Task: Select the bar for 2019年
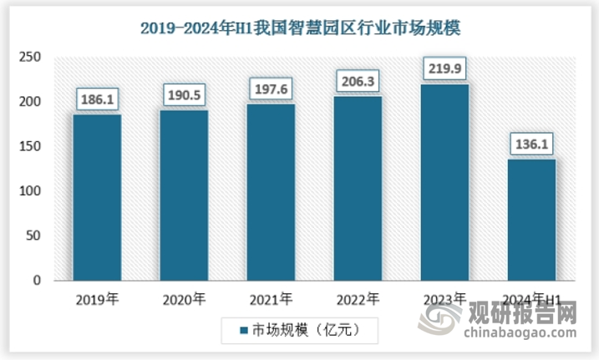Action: tap(97, 197)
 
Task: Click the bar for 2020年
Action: tap(184, 195)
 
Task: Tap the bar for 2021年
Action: tap(272, 192)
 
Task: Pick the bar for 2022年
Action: tap(358, 189)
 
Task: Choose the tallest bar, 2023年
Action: tap(445, 182)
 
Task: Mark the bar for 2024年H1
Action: tap(532, 220)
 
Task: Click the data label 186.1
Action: tap(97, 100)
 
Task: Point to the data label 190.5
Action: tap(184, 96)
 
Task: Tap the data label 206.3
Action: tap(358, 82)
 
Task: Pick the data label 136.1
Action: tap(532, 145)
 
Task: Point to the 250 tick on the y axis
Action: tap(30, 58)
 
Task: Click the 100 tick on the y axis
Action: tap(30, 192)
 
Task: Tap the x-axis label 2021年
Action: tap(272, 298)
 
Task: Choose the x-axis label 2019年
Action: tap(97, 298)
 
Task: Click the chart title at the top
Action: tap(300, 28)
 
